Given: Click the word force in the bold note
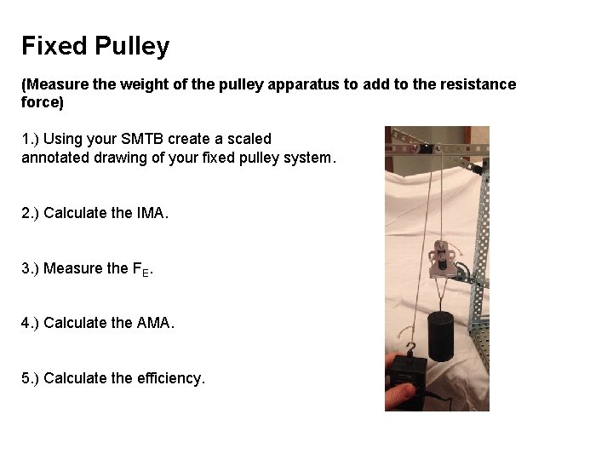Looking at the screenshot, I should point(39,102).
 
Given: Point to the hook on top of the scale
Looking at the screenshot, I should point(413,348).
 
